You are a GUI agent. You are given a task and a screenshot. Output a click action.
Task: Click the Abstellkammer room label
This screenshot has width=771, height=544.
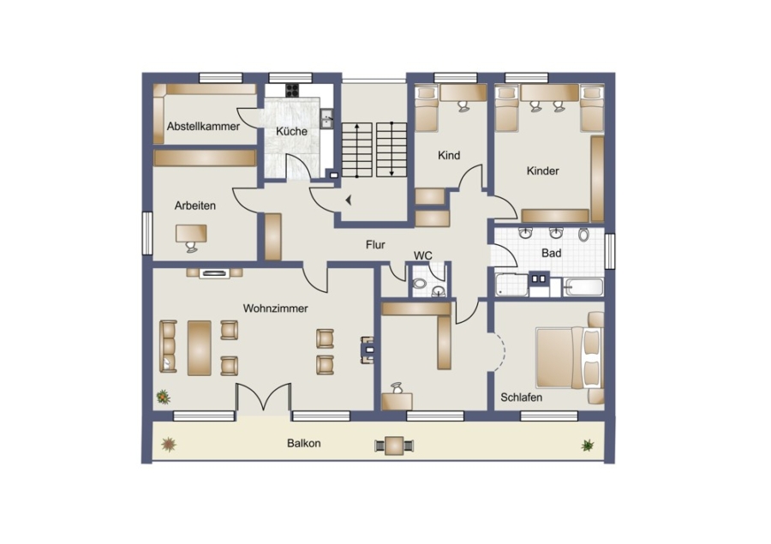pos(203,127)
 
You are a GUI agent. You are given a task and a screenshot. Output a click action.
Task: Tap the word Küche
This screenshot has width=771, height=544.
pos(291,131)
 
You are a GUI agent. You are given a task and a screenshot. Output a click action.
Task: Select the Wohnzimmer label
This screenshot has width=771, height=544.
pos(275,308)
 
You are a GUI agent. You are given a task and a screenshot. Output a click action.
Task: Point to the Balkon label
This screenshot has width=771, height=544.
pos(304,443)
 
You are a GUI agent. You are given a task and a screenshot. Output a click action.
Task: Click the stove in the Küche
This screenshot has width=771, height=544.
pos(293,90)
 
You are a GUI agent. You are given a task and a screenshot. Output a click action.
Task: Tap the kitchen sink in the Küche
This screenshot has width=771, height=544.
pos(326,118)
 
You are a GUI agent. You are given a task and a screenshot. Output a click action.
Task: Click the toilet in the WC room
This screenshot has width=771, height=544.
pos(420,284)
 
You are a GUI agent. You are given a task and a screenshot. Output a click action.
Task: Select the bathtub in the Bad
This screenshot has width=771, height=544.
pos(583,287)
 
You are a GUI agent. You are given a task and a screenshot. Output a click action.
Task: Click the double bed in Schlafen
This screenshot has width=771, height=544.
pos(569,357)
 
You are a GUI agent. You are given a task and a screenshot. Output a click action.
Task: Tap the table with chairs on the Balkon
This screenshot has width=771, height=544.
pos(394,446)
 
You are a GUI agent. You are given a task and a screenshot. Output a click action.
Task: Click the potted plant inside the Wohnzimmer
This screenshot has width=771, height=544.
pos(163,397)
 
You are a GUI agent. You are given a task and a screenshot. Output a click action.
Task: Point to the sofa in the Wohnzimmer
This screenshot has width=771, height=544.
pos(168,346)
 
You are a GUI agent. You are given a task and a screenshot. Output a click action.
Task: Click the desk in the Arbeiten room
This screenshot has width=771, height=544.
pos(191,233)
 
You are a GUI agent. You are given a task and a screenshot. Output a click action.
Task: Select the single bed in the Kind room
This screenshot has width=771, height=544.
pos(427,109)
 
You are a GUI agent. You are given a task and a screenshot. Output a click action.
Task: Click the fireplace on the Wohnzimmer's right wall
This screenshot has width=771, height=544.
pos(368,350)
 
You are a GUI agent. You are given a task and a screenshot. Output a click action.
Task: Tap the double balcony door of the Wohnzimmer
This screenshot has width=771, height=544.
pos(264,398)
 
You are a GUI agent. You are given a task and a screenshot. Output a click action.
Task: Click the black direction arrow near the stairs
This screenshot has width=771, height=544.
pos(349,200)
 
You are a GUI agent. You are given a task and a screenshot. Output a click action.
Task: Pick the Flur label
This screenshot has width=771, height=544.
pos(375,244)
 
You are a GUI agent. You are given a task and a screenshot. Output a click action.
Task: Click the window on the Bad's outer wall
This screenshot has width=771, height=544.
pos(610,251)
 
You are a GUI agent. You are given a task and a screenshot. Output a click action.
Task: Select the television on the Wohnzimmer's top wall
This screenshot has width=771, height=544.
pos(214,273)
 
